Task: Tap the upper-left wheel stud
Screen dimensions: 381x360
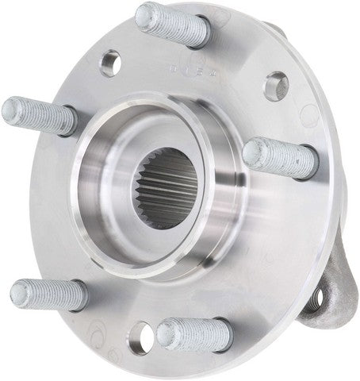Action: [x=40, y=116]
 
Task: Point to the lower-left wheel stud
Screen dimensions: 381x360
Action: [x=49, y=295]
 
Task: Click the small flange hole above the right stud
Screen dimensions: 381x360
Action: [x=275, y=85]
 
